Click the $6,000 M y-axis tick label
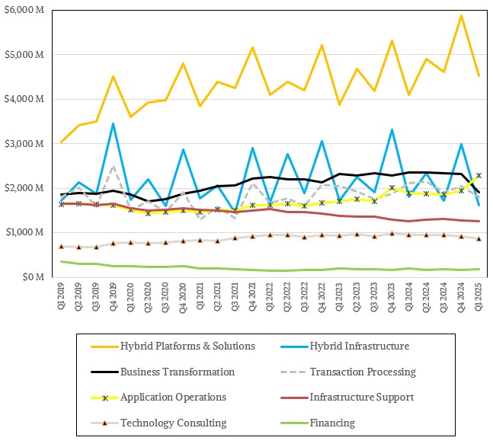24,10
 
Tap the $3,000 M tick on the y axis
24,144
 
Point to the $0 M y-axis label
34,277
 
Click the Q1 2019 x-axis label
61,296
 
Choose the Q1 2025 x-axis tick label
479,296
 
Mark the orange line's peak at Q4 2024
461,15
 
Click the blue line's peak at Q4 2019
114,123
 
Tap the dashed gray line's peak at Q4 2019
114,167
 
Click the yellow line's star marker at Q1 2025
479,176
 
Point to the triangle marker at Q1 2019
62,246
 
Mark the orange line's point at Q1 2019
62,142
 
